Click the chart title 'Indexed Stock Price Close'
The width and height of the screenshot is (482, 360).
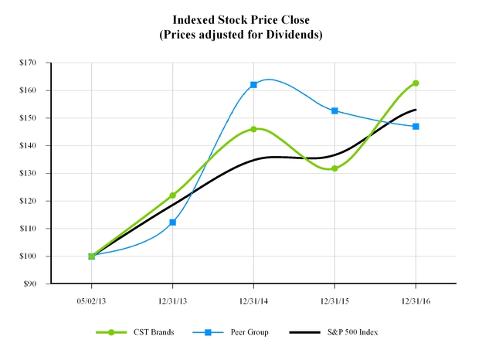click(242, 19)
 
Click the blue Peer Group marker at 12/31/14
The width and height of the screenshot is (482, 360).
click(253, 84)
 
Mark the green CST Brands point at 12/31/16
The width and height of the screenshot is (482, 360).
click(416, 83)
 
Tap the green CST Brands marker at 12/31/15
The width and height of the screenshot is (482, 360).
click(334, 168)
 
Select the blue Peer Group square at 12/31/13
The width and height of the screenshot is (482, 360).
click(172, 222)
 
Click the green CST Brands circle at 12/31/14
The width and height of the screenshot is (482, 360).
click(253, 129)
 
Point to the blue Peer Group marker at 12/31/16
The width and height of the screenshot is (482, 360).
click(416, 126)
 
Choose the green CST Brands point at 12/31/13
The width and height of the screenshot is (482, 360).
click(172, 195)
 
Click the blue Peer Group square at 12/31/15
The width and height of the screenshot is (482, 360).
click(334, 110)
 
